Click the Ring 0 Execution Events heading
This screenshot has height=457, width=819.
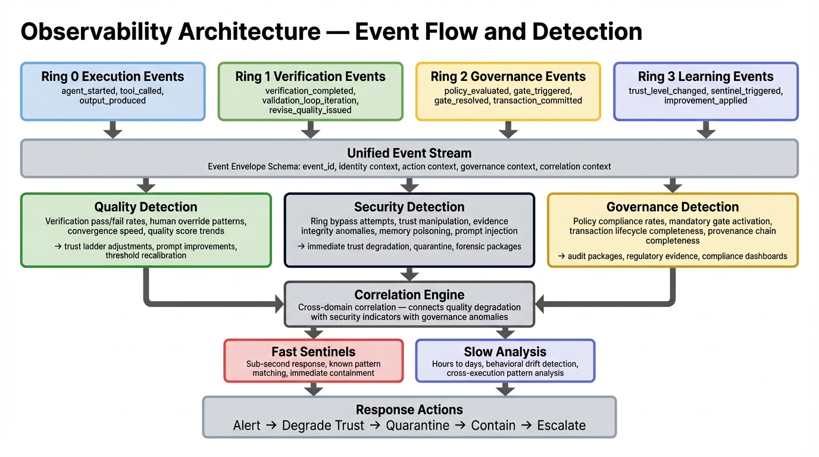tap(112, 77)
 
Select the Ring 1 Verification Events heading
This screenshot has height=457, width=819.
tap(310, 77)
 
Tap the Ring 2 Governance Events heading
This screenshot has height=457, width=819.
tap(508, 77)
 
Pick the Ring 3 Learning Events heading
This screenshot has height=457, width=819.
tap(705, 77)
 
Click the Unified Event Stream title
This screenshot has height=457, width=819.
tap(409, 153)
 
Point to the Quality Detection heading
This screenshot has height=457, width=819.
tap(146, 207)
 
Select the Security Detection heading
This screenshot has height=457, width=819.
tap(409, 207)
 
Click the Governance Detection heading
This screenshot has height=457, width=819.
tap(673, 207)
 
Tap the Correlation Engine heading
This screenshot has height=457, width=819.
tap(409, 295)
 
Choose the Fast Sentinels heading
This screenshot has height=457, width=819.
tap(313, 352)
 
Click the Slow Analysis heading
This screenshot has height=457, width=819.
tap(505, 352)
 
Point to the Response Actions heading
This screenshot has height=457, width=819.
tap(409, 410)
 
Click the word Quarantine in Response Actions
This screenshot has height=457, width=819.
tap(417, 426)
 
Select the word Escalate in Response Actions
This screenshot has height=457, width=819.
tap(561, 426)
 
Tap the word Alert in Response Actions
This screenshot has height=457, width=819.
tap(246, 426)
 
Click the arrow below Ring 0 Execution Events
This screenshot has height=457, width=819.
tap(112, 130)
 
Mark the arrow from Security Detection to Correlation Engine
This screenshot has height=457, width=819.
tap(409, 273)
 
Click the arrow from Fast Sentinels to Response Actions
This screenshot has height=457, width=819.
tap(313, 389)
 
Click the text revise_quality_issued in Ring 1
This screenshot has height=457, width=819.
tap(310, 110)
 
